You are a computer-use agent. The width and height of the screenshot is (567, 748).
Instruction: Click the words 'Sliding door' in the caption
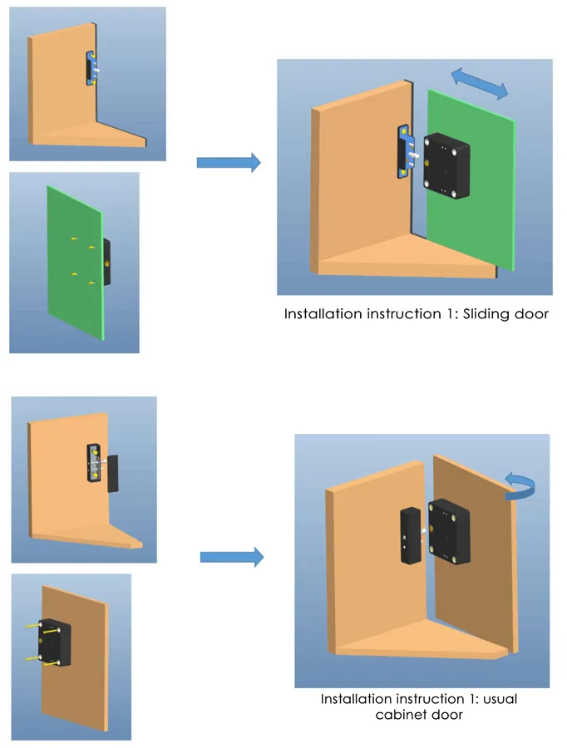504,314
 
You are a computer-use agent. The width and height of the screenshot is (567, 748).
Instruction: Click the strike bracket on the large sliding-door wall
405,150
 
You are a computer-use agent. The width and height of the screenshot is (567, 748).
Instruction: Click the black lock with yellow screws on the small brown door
57,642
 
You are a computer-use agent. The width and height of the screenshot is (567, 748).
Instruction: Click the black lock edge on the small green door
106,260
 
